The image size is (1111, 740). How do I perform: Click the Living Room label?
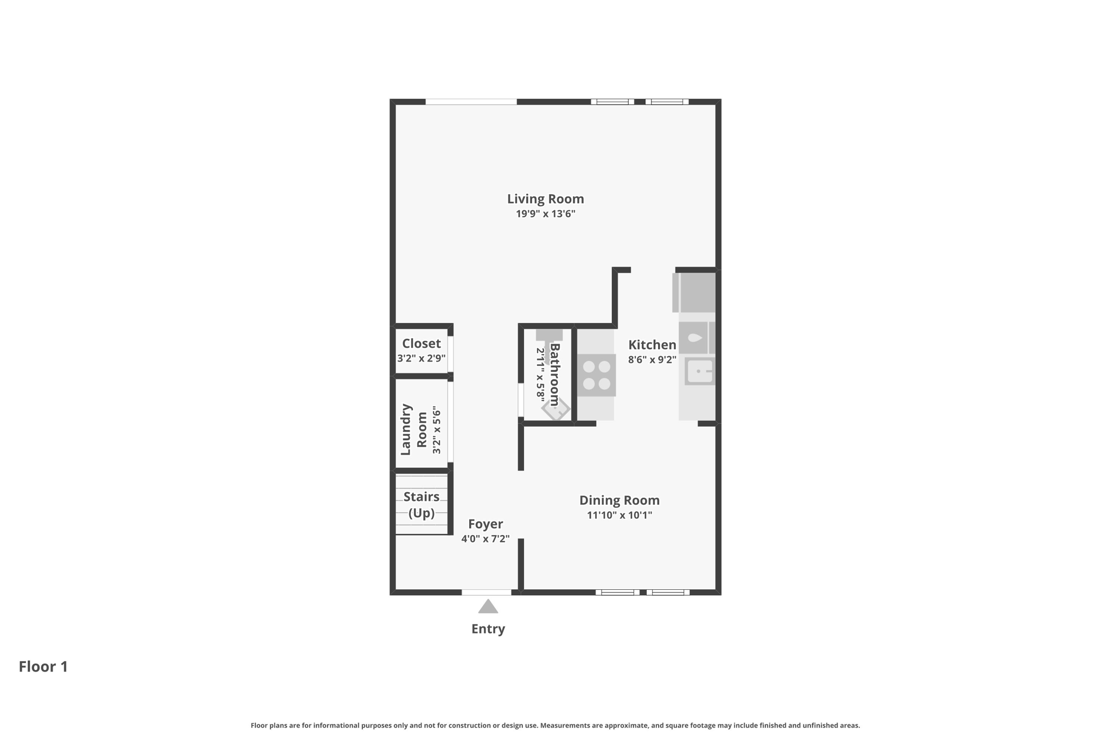(545, 199)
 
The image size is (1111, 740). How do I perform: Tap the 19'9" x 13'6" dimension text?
(545, 214)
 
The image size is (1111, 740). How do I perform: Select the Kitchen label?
(652, 345)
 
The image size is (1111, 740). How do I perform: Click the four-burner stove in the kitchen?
(596, 375)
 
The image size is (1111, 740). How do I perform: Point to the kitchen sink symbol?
(700, 371)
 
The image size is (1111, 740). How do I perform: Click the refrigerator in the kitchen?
(694, 292)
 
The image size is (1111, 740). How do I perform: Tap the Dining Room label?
(620, 500)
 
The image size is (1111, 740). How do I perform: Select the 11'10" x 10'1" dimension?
(620, 515)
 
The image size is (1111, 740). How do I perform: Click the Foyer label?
(486, 524)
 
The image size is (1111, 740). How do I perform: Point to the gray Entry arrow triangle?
(488, 607)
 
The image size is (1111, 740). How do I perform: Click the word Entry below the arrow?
(488, 629)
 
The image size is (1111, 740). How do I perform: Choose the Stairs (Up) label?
(422, 505)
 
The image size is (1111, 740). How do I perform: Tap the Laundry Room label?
(413, 429)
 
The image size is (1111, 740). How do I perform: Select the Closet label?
(422, 344)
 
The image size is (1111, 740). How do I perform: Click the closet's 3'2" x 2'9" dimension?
(422, 358)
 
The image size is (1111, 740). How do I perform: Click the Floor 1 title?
(43, 667)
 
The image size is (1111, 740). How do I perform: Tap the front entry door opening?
(487, 593)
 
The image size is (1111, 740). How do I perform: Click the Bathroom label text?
(554, 375)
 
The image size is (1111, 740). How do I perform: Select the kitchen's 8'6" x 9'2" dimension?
(652, 359)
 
